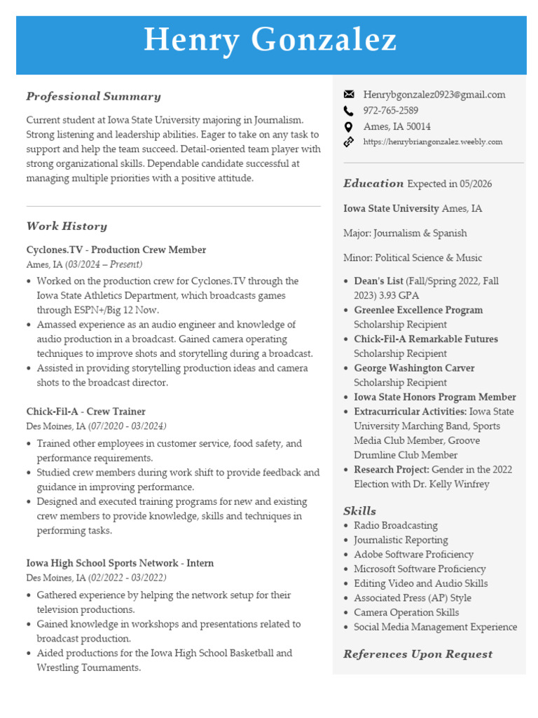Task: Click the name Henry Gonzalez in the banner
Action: tap(270, 41)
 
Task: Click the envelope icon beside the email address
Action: tap(349, 95)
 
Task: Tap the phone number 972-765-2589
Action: tap(390, 111)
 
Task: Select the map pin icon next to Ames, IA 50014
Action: tap(349, 127)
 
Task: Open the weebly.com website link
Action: tap(432, 142)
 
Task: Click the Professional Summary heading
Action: tap(93, 97)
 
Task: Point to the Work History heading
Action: tap(67, 226)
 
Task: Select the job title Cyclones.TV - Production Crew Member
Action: tap(116, 250)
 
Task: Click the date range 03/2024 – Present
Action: tap(104, 264)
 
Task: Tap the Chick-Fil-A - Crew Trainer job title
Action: tap(86, 412)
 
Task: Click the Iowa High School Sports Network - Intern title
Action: tap(120, 563)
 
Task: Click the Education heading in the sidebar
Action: tap(373, 184)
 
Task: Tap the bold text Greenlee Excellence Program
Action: tap(418, 310)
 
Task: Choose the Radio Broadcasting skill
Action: tap(395, 525)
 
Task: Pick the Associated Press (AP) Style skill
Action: tap(412, 598)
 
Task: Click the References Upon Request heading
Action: tap(418, 654)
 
